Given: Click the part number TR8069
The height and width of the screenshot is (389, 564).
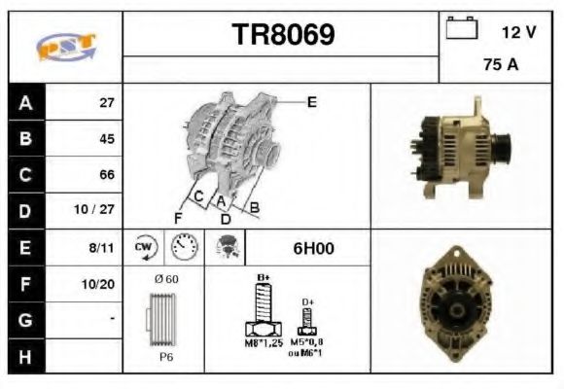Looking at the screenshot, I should tap(282, 35).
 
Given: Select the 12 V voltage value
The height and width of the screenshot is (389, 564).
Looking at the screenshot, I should tap(518, 32).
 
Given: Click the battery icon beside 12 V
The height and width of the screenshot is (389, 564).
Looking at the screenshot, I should tap(459, 29).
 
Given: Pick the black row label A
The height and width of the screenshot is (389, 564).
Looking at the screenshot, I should tap(24, 102).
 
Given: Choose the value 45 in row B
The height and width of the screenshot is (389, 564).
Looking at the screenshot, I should tap(107, 138).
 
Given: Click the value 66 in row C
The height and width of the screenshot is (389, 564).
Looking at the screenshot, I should tap(107, 175).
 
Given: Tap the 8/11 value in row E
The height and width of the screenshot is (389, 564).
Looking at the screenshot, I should tap(101, 248).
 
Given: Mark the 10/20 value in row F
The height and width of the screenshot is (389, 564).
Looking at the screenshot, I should tap(100, 284).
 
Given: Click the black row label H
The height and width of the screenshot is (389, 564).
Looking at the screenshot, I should tap(24, 357).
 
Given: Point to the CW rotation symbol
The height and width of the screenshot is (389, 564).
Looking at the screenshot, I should tap(144, 247).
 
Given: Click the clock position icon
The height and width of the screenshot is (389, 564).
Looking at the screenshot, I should tap(183, 248).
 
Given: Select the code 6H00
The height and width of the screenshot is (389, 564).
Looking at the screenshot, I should tap(313, 248).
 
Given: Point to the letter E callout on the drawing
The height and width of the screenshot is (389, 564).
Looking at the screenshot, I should tap(311, 101).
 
